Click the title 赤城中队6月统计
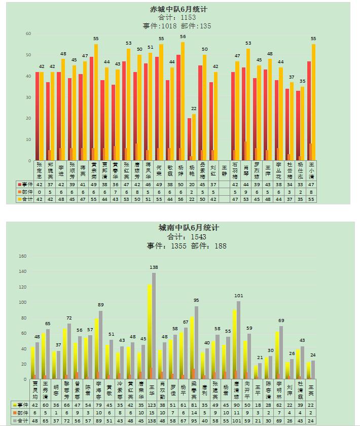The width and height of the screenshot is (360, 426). click(x=178, y=10)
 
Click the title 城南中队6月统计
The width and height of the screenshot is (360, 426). click(x=189, y=228)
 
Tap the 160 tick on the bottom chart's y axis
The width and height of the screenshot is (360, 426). click(x=22, y=256)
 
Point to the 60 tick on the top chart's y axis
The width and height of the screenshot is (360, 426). click(x=28, y=33)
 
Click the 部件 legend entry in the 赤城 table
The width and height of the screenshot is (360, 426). click(x=25, y=192)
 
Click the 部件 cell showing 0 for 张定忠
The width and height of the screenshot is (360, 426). click(x=39, y=192)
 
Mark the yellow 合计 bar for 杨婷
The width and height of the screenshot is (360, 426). click(x=183, y=101)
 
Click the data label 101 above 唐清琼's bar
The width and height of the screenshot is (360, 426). click(x=238, y=296)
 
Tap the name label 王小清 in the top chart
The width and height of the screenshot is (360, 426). click(x=311, y=171)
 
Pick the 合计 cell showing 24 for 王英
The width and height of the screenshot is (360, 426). click(x=311, y=420)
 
